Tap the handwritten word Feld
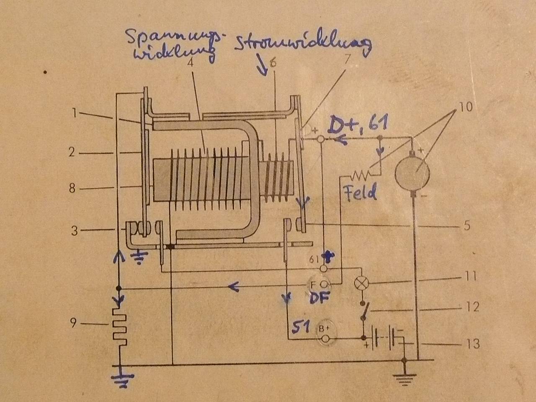360,193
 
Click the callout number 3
74,230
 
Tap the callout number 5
467,226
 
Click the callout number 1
74,113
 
